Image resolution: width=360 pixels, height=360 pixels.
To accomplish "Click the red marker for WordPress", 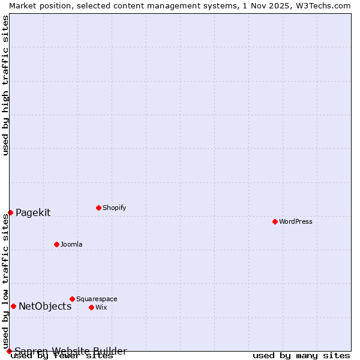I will point(275,221).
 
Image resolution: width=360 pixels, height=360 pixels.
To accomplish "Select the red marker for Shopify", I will point(98,208).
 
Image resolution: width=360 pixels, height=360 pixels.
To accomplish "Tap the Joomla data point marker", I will point(56,244).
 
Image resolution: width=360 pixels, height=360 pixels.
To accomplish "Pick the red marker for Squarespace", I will point(72,299).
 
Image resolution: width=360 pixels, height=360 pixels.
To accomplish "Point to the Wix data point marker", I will point(91,307).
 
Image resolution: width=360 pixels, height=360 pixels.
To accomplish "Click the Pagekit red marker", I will point(10,212).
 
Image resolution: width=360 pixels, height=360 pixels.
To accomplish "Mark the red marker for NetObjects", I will point(13,306).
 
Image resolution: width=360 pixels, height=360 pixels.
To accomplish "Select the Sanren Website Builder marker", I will point(9,351).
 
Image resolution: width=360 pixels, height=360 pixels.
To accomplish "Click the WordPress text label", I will point(296,221).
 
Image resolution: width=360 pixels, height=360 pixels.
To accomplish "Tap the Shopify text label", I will point(115,208).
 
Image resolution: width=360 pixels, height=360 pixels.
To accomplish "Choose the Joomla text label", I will point(71,244).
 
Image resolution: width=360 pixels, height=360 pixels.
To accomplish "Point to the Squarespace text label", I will point(97,299).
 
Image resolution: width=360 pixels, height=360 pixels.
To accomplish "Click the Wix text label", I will point(101,307).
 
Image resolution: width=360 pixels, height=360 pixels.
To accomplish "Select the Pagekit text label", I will point(33,212).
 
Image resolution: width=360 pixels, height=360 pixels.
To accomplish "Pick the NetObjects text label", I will point(45,306).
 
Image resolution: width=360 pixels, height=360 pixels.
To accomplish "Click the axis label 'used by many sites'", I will point(301,356).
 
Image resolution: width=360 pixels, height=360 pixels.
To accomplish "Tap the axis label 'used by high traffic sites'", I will point(5,85).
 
